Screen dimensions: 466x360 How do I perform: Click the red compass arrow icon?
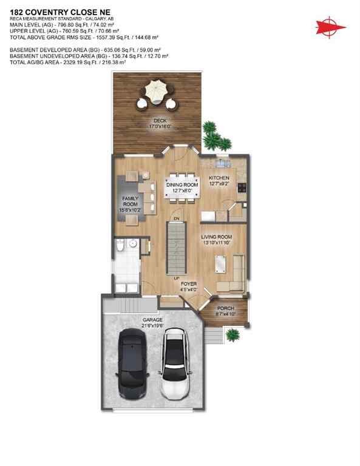(329, 26)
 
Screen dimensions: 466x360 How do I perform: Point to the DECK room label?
(143, 120)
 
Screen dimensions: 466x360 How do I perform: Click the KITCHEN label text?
(219, 178)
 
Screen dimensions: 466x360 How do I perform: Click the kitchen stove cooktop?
(242, 187)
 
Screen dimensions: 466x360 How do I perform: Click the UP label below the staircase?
(177, 279)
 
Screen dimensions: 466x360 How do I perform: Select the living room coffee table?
(220, 264)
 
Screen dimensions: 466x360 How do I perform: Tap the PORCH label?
(227, 308)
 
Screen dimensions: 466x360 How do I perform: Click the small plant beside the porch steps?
(231, 334)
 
